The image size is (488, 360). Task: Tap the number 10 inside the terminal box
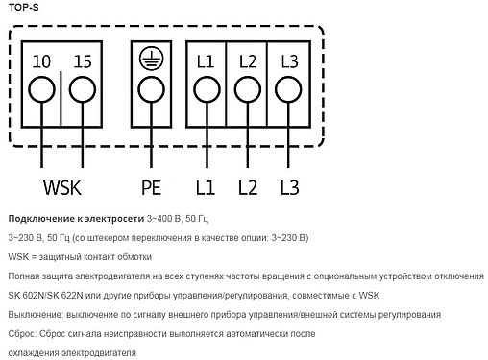tap(41, 61)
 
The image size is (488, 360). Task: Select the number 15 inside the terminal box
tap(83, 61)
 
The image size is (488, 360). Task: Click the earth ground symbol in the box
tap(150, 60)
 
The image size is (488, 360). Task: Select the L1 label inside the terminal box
tap(205, 61)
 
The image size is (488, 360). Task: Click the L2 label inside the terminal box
tap(247, 61)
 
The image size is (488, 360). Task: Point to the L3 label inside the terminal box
tap(289, 61)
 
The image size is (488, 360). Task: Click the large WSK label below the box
tap(63, 185)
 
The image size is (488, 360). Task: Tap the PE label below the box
tap(151, 185)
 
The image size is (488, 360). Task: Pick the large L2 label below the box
tap(247, 185)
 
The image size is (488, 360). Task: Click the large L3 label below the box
tap(290, 185)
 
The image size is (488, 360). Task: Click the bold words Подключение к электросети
tap(74, 216)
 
